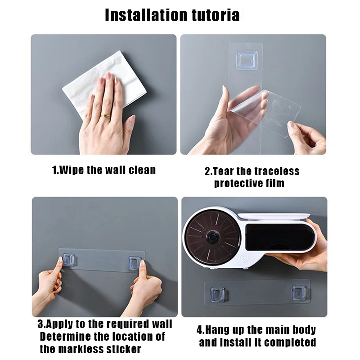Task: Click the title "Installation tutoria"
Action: point(172,15)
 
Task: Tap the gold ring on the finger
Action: point(105,116)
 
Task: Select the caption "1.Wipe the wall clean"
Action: point(104,170)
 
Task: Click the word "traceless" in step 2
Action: point(277,171)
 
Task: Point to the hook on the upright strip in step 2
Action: point(247,60)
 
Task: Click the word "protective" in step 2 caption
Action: point(237,183)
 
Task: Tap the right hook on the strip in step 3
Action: point(135,262)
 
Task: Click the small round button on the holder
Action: point(244,259)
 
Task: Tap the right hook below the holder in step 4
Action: point(298,292)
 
